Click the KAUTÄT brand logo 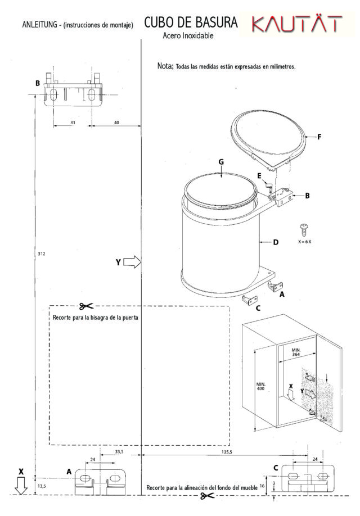(297, 24)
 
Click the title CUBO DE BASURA (191, 22)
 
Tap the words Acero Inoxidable (188, 35)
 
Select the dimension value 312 (41, 254)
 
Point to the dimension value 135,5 (227, 452)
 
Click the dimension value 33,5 (119, 451)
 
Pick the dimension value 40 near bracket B (116, 123)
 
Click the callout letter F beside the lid (319, 137)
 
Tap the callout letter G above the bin (221, 161)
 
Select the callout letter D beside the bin (276, 242)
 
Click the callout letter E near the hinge (259, 176)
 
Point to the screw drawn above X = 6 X (304, 229)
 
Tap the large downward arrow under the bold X (21, 486)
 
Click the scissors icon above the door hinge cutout (86, 306)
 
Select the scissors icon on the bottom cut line (208, 495)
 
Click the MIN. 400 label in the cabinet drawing (260, 386)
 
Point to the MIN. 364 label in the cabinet (296, 352)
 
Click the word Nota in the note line (165, 66)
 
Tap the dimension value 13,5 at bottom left (41, 486)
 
